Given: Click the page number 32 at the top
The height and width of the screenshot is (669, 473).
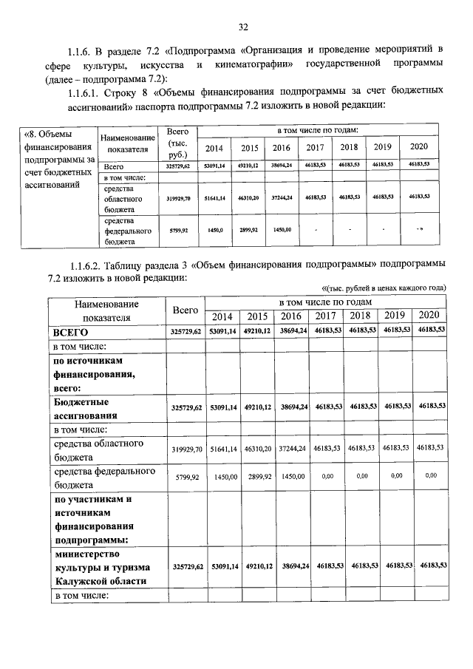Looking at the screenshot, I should click(x=242, y=27).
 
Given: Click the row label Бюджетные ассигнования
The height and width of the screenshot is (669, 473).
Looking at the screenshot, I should click(x=82, y=408).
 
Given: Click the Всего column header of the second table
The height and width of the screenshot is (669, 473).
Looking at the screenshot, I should click(x=185, y=309).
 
